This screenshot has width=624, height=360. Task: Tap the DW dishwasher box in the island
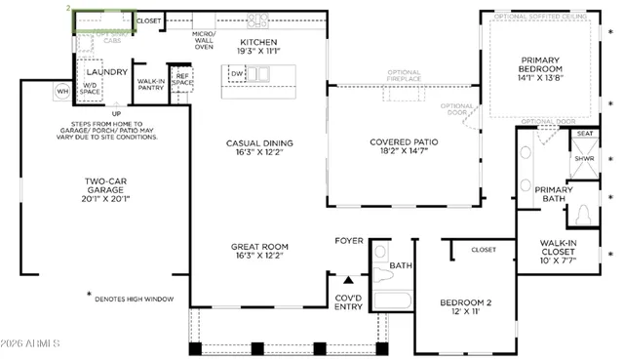[x=237, y=73]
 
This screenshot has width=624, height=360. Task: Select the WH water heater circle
[x=62, y=92]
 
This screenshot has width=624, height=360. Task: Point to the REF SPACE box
[x=181, y=80]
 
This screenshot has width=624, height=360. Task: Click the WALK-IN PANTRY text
[x=150, y=85]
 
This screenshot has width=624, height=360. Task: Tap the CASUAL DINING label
[x=259, y=148]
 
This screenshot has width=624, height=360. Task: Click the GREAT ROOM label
[x=259, y=252]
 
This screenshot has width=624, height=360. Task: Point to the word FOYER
[x=349, y=240]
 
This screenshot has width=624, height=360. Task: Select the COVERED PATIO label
[x=404, y=146]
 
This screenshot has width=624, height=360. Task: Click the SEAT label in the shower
[x=585, y=133]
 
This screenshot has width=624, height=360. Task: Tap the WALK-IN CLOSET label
[x=566, y=252]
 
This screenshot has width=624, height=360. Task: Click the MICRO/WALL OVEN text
[x=203, y=40]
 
